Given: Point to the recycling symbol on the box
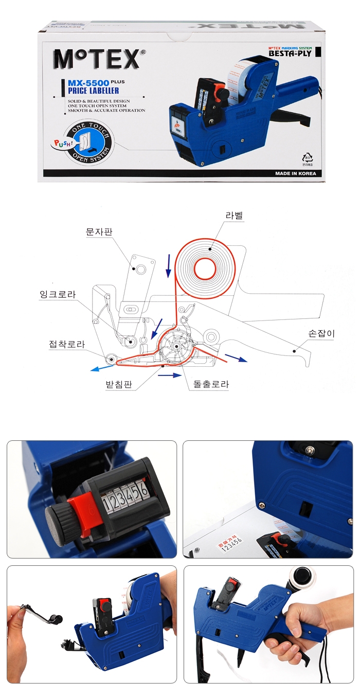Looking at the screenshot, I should [x=308, y=159].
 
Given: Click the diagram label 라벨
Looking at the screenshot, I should [x=233, y=216].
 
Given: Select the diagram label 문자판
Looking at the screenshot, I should [x=99, y=232].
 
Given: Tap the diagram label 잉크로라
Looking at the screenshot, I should [x=58, y=295].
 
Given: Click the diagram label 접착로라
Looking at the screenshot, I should [x=67, y=345].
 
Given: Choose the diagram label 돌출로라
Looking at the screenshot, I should [x=211, y=384].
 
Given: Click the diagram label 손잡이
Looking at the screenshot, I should [x=321, y=334].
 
